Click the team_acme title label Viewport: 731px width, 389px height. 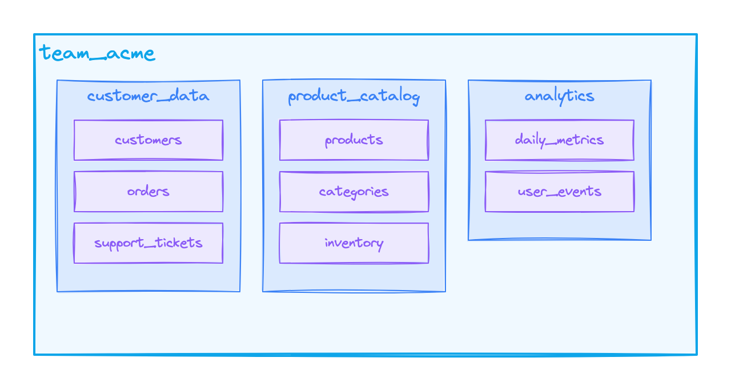click(97, 54)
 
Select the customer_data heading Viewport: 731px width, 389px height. click(148, 96)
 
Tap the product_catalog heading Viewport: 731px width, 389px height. click(354, 97)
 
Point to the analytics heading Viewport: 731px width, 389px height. click(559, 96)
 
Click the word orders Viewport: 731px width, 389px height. click(148, 192)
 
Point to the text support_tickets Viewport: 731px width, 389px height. click(148, 243)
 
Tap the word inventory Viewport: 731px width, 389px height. click(354, 243)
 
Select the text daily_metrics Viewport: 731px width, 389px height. click(559, 140)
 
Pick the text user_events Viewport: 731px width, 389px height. click(559, 192)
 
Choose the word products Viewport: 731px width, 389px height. click(354, 140)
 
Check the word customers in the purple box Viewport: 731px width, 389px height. click(148, 140)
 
